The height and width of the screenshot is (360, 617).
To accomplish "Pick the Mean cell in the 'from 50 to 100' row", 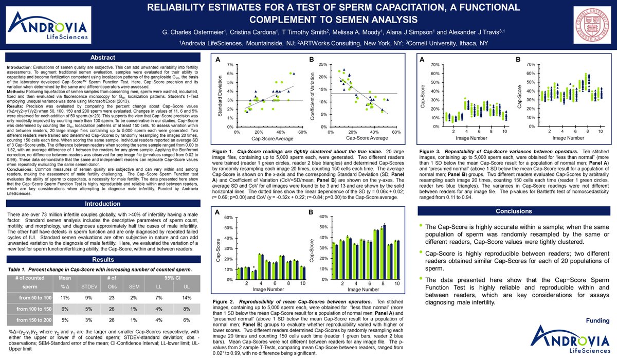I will tap(65, 298).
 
